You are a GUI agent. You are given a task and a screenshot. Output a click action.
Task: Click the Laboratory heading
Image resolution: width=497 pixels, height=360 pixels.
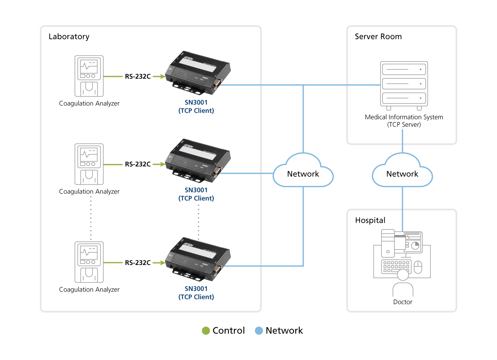[x=69, y=37]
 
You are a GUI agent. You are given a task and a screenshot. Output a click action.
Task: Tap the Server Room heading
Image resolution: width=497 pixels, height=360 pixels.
[x=378, y=37]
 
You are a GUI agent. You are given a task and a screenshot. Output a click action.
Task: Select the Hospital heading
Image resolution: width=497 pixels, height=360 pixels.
[x=370, y=220]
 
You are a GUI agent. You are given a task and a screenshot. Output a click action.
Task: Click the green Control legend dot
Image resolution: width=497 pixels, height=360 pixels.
[x=206, y=330]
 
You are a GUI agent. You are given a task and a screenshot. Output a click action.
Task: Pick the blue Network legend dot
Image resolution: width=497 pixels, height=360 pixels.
[x=259, y=330]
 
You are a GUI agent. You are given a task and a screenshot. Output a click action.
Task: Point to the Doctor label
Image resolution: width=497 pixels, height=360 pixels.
[x=403, y=302]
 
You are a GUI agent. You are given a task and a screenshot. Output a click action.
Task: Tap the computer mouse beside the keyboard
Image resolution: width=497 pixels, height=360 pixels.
[x=418, y=267]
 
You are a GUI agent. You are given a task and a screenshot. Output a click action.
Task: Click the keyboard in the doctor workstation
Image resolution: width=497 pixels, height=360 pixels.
[x=396, y=266]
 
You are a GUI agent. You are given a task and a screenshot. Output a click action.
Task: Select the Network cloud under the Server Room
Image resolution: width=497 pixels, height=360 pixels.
[x=402, y=174]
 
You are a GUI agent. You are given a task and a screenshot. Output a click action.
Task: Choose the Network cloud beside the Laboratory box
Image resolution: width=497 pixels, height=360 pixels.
[x=303, y=174]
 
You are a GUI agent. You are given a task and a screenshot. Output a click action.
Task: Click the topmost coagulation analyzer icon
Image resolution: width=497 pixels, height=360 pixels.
[x=89, y=76]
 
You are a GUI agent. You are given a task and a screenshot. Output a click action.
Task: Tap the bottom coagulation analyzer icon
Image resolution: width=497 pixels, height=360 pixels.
[x=89, y=262]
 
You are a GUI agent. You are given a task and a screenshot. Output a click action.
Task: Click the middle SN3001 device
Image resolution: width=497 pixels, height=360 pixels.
[x=198, y=160]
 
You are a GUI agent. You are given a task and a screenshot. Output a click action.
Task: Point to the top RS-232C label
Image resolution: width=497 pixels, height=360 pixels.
[x=138, y=76]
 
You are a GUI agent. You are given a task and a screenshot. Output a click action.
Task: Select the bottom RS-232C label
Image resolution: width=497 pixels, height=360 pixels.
[x=138, y=263]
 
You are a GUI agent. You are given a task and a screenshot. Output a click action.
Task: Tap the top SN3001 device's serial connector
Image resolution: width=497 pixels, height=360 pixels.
[x=218, y=83]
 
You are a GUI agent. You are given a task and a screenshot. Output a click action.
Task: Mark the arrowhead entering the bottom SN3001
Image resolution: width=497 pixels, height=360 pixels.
[x=163, y=263]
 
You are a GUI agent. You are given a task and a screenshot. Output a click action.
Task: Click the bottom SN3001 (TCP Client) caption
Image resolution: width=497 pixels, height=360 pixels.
[x=196, y=293]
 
